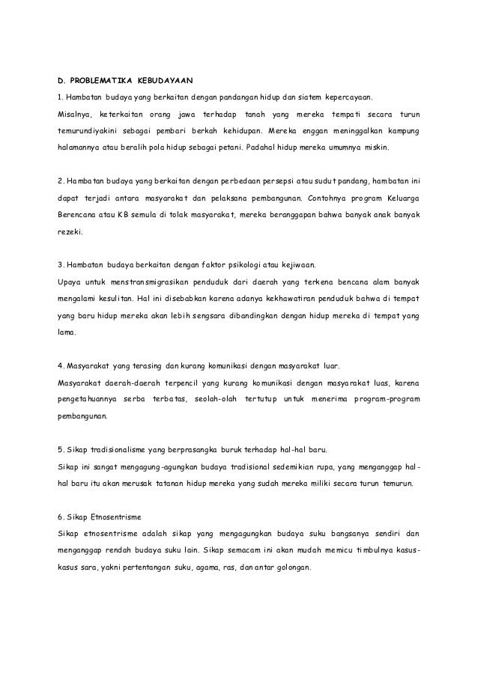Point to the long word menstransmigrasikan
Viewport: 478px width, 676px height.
point(144,282)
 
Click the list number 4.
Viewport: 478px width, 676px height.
point(60,367)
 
